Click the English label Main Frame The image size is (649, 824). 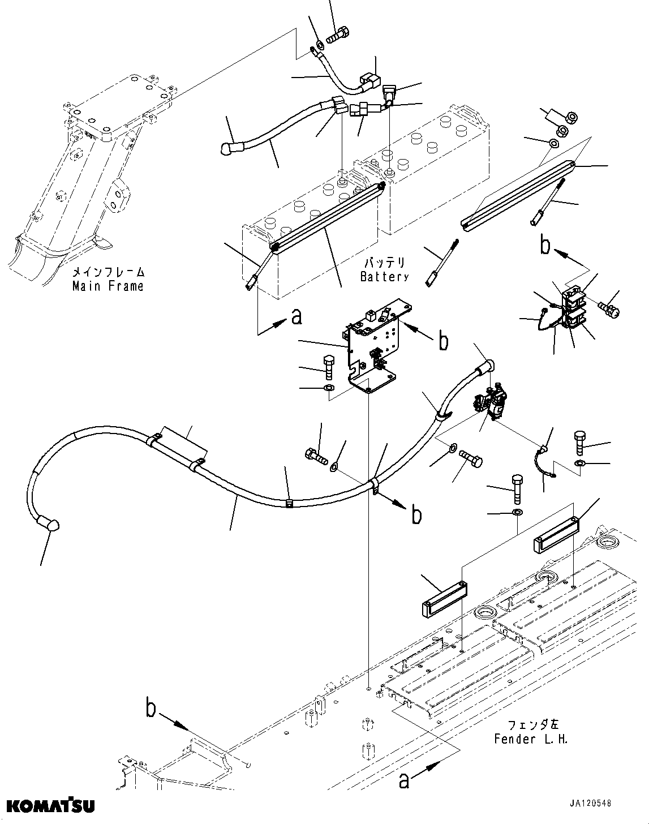108,286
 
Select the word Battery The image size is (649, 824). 384,277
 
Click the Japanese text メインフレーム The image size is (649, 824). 108,272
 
